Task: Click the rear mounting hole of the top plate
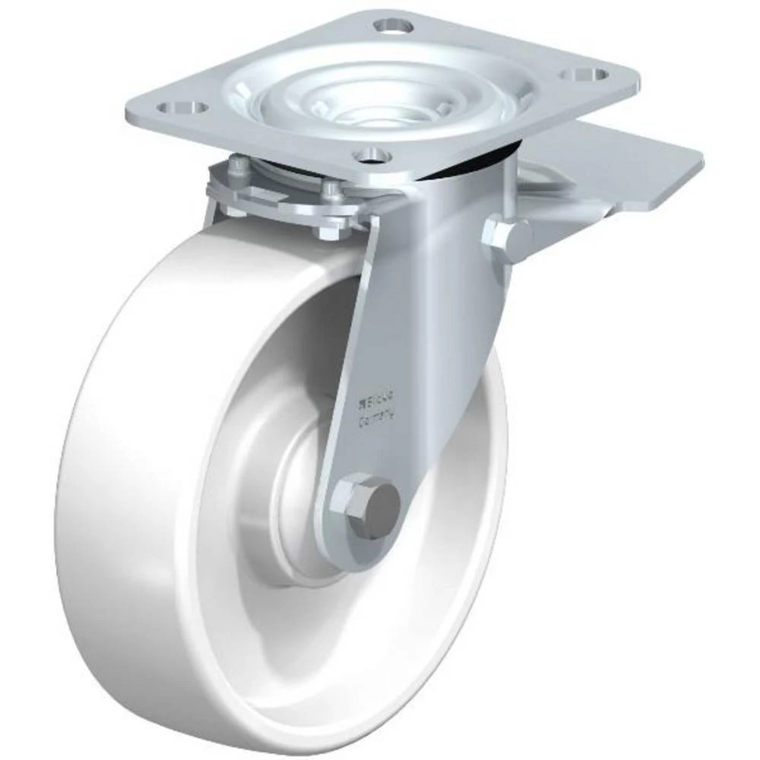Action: coord(393,25)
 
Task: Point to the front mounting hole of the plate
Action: coord(372,155)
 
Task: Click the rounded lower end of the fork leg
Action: coord(357,532)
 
